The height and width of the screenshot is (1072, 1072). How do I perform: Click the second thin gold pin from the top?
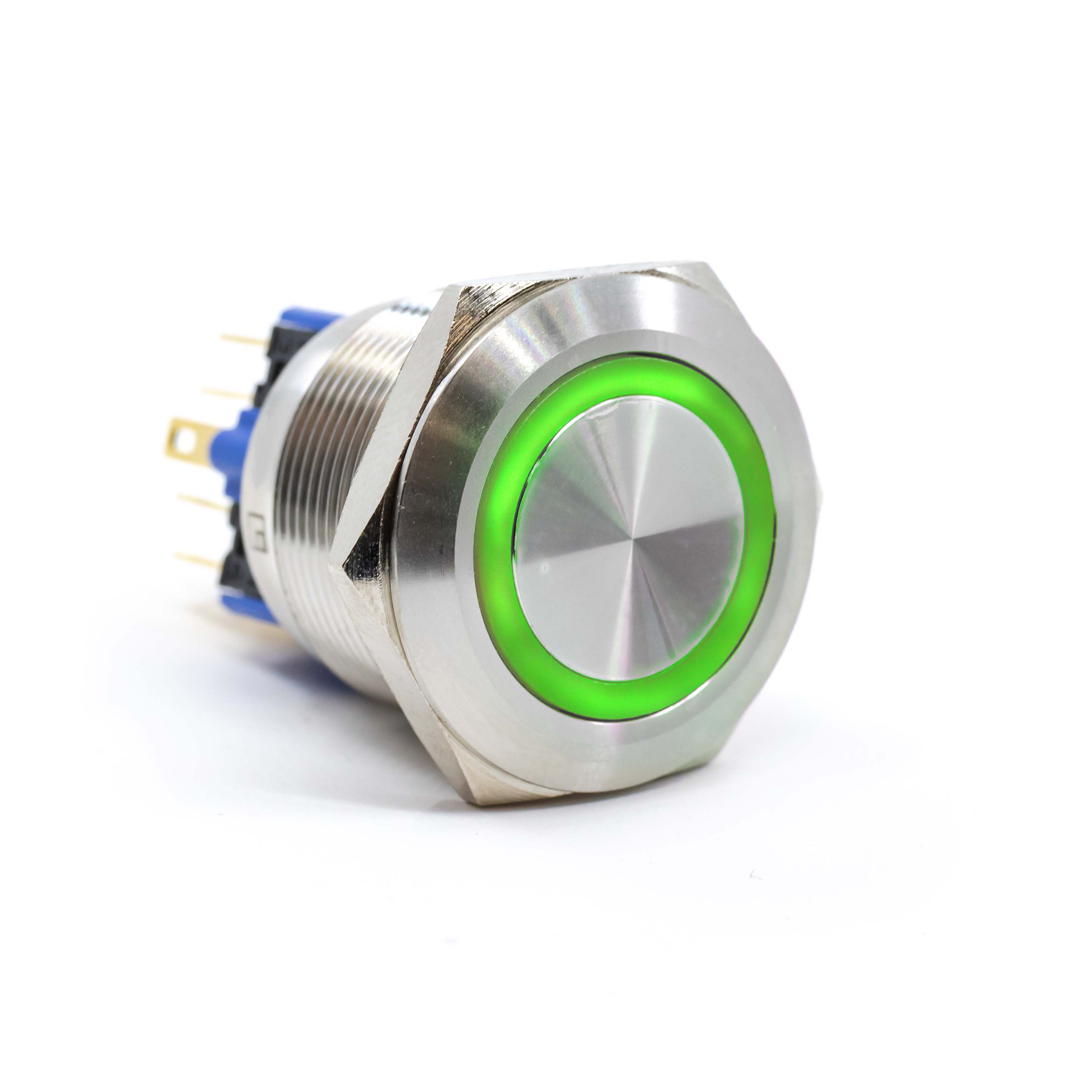tap(228, 394)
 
